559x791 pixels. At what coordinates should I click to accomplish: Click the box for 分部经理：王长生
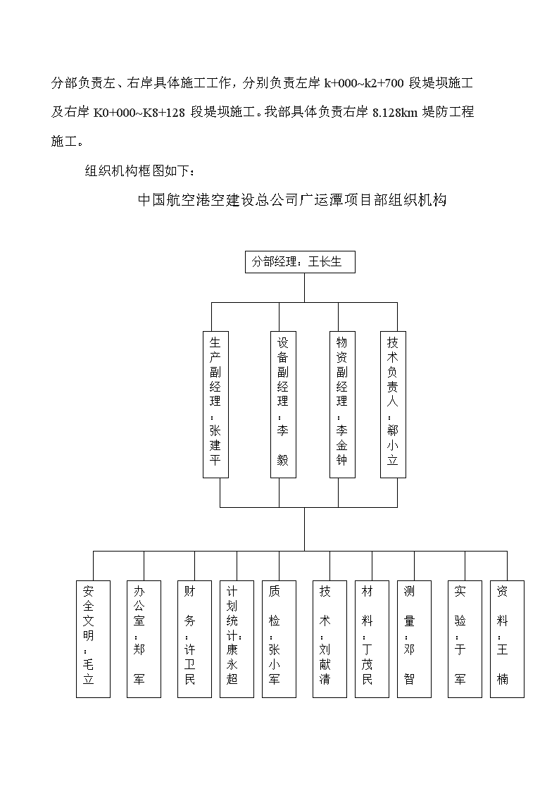click(x=300, y=262)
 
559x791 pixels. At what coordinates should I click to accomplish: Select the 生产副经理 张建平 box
click(x=215, y=404)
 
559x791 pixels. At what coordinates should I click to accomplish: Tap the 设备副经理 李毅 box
click(x=283, y=404)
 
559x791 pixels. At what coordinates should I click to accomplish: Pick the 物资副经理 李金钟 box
click(x=342, y=404)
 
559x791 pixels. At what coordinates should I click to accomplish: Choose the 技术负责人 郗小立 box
click(x=393, y=404)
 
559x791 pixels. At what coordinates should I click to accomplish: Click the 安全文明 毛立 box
click(x=93, y=639)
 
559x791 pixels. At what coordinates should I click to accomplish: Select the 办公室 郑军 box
click(x=144, y=639)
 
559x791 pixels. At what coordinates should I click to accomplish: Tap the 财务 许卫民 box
click(x=194, y=639)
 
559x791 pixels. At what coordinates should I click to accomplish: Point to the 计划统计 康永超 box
click(x=237, y=639)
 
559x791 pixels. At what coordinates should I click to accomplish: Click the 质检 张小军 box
click(x=279, y=639)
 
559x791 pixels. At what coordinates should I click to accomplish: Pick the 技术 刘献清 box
click(x=329, y=639)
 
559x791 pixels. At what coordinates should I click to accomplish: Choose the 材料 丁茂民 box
click(x=372, y=639)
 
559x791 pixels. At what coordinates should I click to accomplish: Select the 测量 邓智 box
click(x=415, y=639)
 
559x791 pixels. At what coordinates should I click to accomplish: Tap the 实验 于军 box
click(x=465, y=639)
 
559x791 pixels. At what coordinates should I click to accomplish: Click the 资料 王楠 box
click(x=507, y=639)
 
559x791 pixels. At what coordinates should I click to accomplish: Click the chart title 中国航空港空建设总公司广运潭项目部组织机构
click(x=292, y=200)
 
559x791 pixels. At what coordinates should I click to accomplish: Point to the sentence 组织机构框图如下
click(x=137, y=171)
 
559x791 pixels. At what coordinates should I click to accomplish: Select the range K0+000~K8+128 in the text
click(x=139, y=113)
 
